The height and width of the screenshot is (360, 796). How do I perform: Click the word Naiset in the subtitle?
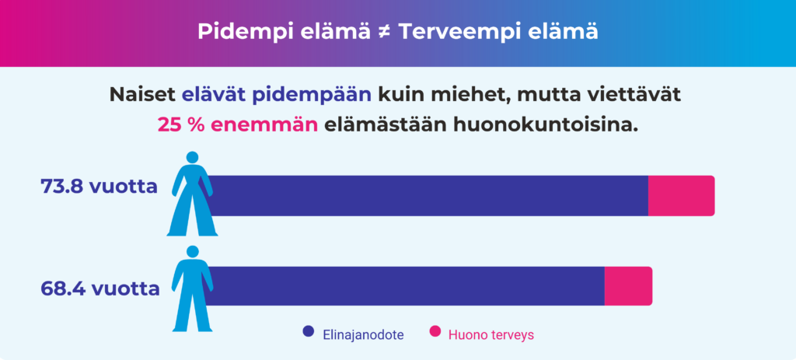tap(142, 96)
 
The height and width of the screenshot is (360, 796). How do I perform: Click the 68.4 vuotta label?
tap(99, 288)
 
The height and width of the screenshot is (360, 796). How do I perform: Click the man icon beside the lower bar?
tap(191, 288)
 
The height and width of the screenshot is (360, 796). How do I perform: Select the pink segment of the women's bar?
tap(681, 195)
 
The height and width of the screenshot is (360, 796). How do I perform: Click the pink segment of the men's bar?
tap(628, 285)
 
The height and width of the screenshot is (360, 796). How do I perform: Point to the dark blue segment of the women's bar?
tap(428, 195)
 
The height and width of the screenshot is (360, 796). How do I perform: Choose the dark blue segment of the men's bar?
tap(404, 285)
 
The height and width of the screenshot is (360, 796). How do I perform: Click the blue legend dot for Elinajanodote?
tap(308, 333)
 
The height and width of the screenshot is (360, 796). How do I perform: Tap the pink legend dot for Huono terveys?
tap(435, 333)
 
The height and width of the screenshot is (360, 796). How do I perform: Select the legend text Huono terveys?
tap(491, 334)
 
